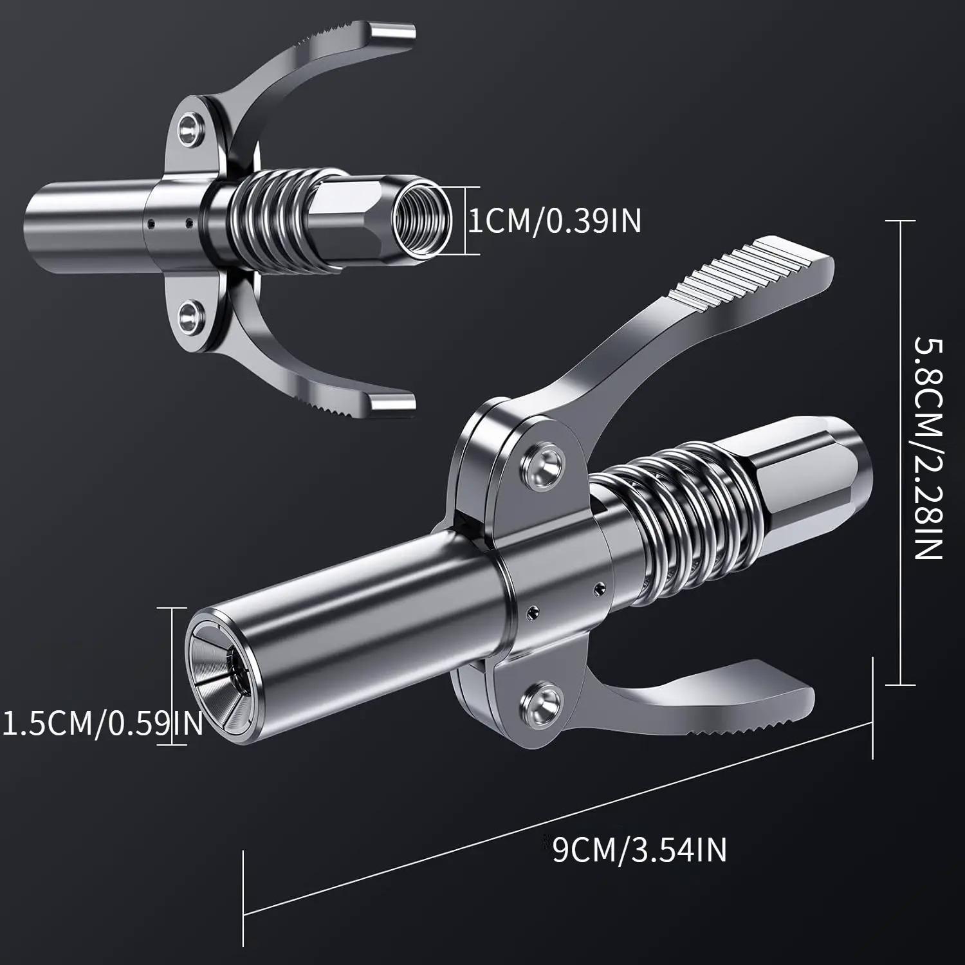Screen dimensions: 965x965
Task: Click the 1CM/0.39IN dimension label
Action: coord(553,221)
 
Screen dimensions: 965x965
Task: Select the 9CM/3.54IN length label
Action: coord(639,849)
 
